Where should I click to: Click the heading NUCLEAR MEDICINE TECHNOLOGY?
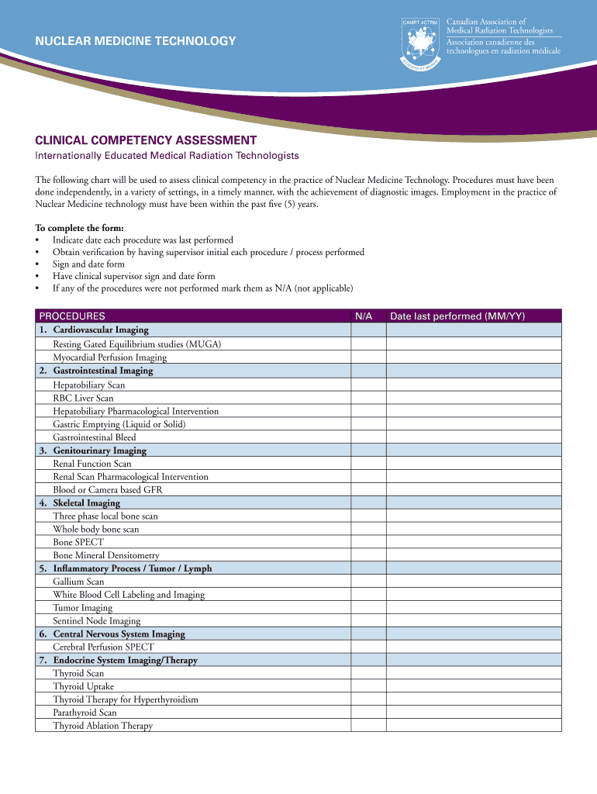tap(136, 40)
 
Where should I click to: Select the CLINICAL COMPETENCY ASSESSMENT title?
tap(146, 140)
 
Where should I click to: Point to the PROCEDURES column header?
tap(72, 316)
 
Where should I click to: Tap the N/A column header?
tap(364, 316)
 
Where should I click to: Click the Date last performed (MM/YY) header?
tap(457, 316)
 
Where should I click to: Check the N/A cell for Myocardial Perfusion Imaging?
tap(368, 357)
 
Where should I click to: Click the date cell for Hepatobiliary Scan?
tap(474, 385)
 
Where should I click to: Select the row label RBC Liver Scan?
tap(83, 398)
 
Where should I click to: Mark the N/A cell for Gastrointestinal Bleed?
tap(368, 437)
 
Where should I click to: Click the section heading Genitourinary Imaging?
tap(99, 451)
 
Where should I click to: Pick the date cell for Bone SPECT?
tap(474, 542)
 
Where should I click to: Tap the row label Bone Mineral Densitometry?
tap(106, 555)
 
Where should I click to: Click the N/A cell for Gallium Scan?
tap(368, 582)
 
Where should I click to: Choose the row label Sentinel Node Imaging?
tap(97, 621)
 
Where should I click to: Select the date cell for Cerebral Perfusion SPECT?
tap(474, 647)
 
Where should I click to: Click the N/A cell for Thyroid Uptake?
tap(368, 686)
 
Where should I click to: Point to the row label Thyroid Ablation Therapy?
tap(102, 726)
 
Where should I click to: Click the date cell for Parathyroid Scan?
tap(474, 713)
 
